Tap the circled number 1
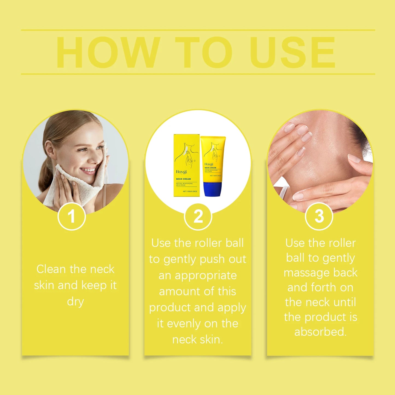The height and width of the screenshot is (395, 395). pyautogui.click(x=72, y=216)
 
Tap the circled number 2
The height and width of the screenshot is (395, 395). pyautogui.click(x=198, y=216)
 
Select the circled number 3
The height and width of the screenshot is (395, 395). pyautogui.click(x=319, y=216)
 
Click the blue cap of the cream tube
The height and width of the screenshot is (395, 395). pyautogui.click(x=213, y=190)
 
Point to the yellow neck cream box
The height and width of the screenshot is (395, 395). pyautogui.click(x=187, y=165)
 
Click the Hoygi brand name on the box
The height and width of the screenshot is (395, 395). pyautogui.click(x=181, y=172)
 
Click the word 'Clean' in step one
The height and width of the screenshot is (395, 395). pyautogui.click(x=51, y=269)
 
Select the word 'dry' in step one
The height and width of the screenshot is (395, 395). pyautogui.click(x=75, y=302)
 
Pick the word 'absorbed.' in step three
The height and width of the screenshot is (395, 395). pyautogui.click(x=320, y=332)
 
